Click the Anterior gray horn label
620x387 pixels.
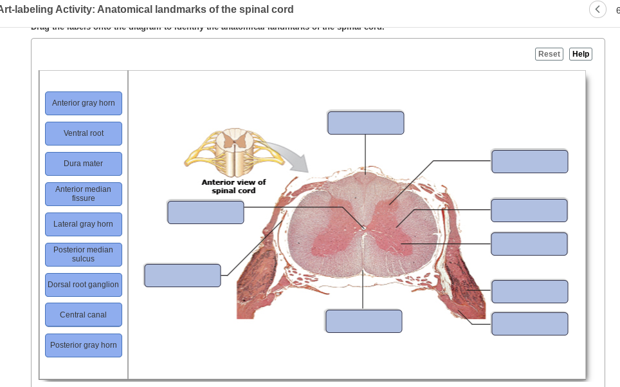pyautogui.click(x=84, y=103)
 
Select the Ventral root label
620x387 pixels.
pyautogui.click(x=84, y=133)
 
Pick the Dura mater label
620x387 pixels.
pyautogui.click(x=84, y=164)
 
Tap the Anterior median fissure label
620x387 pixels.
pyautogui.click(x=84, y=194)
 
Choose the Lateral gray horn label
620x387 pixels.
pyautogui.click(x=84, y=224)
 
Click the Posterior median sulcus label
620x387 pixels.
pyautogui.click(x=84, y=254)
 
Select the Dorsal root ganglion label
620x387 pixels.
pyautogui.click(x=84, y=285)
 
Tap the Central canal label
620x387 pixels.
pyautogui.click(x=84, y=315)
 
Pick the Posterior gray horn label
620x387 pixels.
pyautogui.click(x=84, y=345)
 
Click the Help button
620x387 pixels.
pyautogui.click(x=581, y=54)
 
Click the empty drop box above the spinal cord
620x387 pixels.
pyautogui.click(x=366, y=122)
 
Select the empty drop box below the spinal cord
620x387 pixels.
pyautogui.click(x=364, y=321)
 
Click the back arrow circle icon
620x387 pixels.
pyautogui.click(x=597, y=10)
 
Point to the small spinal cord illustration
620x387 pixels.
pyautogui.click(x=234, y=152)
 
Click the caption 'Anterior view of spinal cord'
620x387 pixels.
pyautogui.click(x=233, y=186)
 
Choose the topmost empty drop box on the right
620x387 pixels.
pyautogui.click(x=529, y=161)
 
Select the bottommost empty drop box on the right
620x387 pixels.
pyautogui.click(x=529, y=323)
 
